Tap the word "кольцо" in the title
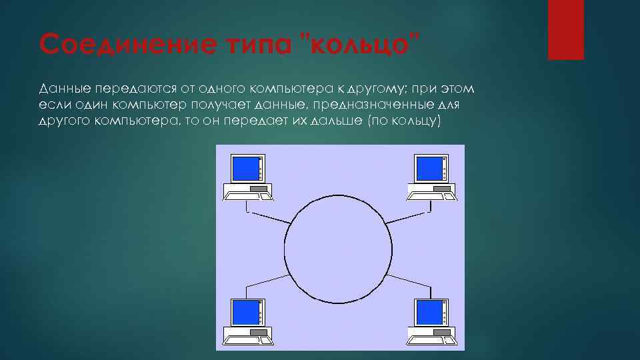point(359,44)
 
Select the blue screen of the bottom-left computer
point(243,311)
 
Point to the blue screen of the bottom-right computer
point(428,311)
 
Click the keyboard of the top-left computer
point(247,195)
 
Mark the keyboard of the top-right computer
point(432,195)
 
